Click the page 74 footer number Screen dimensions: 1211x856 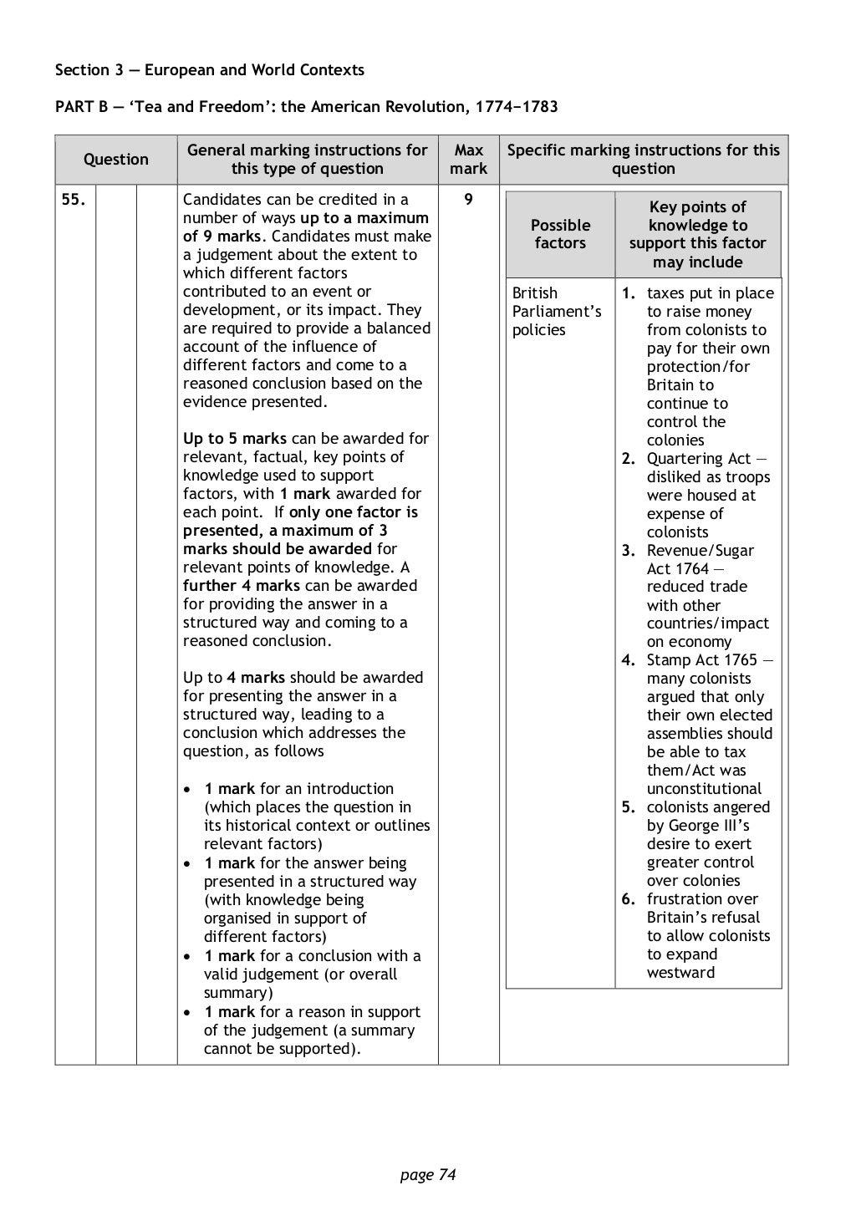pos(427,1175)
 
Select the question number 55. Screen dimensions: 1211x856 pos(73,200)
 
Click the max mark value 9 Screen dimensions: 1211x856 pos(468,200)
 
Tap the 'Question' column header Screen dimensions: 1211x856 pos(116,160)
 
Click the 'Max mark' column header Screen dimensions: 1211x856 pos(468,160)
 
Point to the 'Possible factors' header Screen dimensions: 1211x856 pos(560,234)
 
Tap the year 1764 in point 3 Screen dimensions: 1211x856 pos(691,569)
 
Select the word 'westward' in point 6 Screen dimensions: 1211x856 pos(680,973)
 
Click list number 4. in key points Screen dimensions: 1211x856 pos(629,660)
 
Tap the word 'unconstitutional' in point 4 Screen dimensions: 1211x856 pos(704,789)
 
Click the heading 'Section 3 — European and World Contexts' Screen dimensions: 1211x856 pos(210,70)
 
